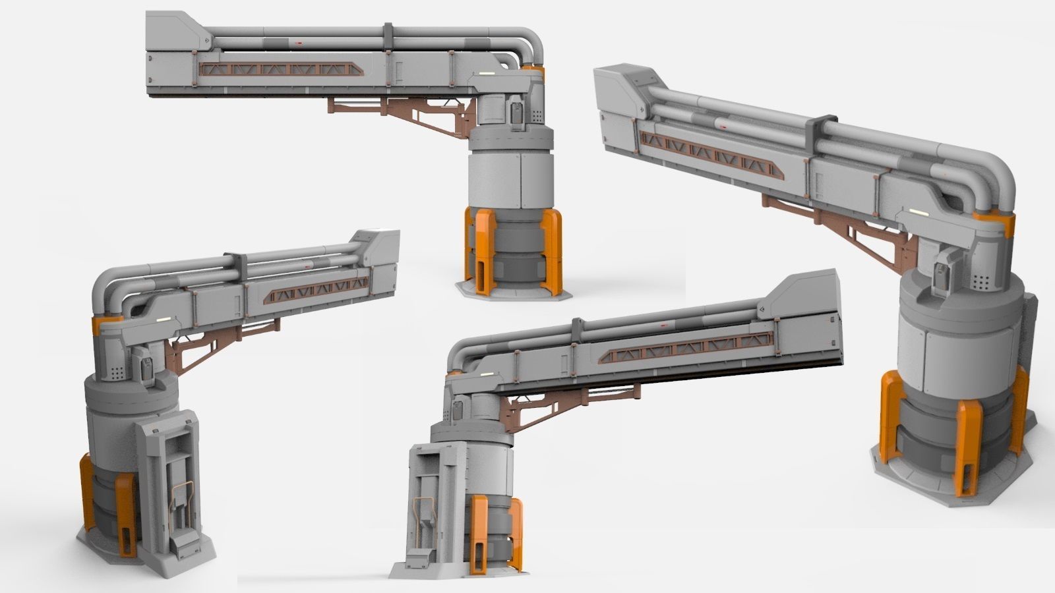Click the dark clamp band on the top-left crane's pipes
387,37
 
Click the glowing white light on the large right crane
919,213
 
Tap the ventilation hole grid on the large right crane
983,282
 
